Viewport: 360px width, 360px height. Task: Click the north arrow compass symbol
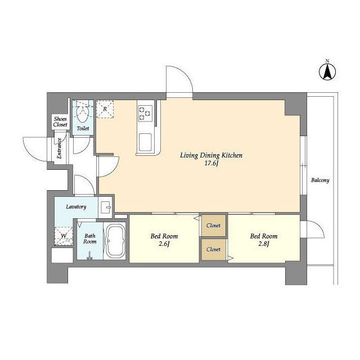(x=327, y=71)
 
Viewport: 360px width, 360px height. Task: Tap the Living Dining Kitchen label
(x=211, y=155)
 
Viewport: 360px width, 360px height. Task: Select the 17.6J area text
(x=211, y=164)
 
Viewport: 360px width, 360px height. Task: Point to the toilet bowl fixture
(x=83, y=114)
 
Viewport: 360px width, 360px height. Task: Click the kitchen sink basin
(x=145, y=142)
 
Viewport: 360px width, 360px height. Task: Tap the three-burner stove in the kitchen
(x=145, y=114)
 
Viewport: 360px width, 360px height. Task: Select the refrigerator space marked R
(x=105, y=109)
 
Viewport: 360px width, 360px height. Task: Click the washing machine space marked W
(x=64, y=236)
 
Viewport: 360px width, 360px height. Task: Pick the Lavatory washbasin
(x=105, y=207)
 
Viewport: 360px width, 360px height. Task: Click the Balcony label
(x=320, y=180)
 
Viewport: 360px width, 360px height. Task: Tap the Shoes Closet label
(x=60, y=122)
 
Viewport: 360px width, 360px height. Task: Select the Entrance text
(x=59, y=148)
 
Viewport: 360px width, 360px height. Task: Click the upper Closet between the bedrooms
(x=213, y=226)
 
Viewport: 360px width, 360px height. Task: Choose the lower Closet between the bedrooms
(x=213, y=249)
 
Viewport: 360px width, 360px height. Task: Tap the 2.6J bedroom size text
(x=164, y=244)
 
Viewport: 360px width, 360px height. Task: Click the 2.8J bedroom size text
(x=264, y=244)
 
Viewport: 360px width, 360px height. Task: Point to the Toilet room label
(x=83, y=129)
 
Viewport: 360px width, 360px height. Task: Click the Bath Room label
(x=90, y=238)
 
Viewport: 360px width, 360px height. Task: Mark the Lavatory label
(x=76, y=207)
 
